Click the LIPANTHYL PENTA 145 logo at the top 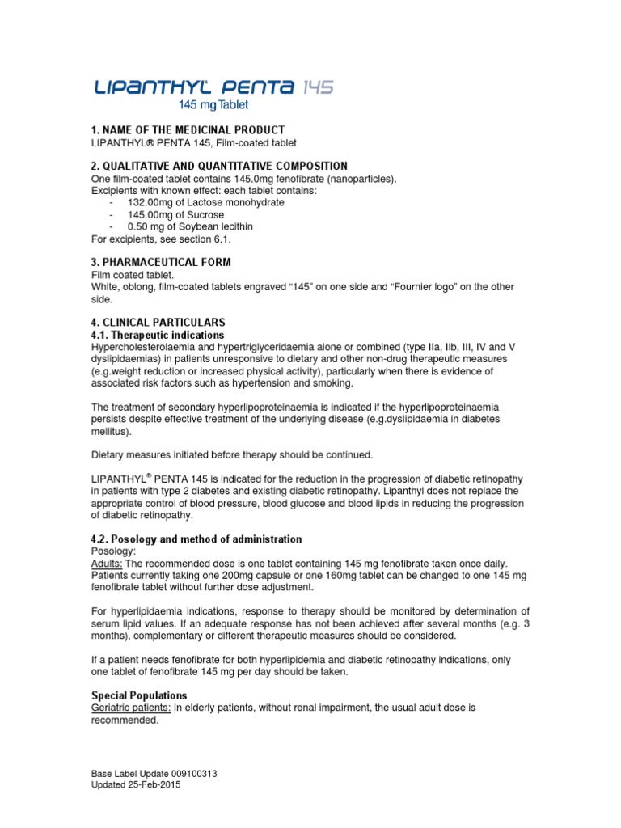pyautogui.click(x=213, y=87)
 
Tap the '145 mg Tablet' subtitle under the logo pyautogui.click(x=213, y=105)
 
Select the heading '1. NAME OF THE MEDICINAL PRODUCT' pyautogui.click(x=188, y=130)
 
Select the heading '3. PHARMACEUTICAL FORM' pyautogui.click(x=161, y=263)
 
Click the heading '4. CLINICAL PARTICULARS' pyautogui.click(x=158, y=322)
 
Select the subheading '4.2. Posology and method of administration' pyautogui.click(x=196, y=539)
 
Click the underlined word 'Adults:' pyautogui.click(x=107, y=563)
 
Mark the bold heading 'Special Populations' pyautogui.click(x=139, y=695)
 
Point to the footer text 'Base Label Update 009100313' pyautogui.click(x=154, y=774)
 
